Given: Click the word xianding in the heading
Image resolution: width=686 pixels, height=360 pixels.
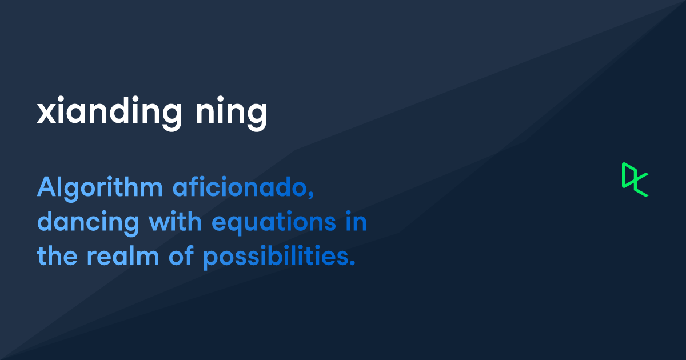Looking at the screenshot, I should click(x=105, y=111).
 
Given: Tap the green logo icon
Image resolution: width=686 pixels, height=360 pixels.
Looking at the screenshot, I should click(x=635, y=179).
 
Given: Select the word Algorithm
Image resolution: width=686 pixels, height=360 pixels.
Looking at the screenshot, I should click(x=99, y=188).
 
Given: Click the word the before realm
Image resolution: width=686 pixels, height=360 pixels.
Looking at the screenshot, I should click(x=58, y=257).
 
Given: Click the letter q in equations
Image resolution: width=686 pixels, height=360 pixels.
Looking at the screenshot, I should click(x=236, y=226).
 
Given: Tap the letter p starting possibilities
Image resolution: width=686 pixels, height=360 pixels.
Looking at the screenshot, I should click(x=210, y=260).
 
